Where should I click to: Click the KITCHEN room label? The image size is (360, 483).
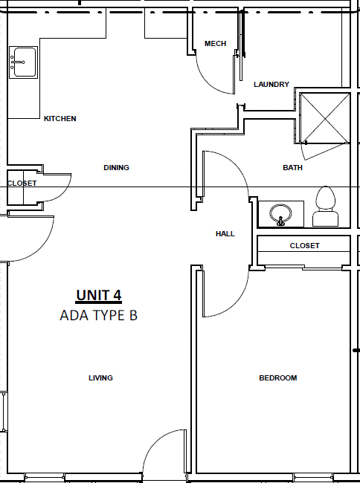[60, 119]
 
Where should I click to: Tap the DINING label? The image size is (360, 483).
[116, 168]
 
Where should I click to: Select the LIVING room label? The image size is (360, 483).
[101, 377]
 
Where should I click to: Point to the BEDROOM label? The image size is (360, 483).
[278, 378]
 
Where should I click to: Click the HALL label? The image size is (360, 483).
[225, 234]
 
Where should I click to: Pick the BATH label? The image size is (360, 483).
[293, 168]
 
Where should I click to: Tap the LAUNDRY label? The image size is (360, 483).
[271, 85]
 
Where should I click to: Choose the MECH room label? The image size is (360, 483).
[216, 44]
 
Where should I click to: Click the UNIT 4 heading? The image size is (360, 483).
[99, 296]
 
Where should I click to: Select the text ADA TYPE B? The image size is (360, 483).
[99, 315]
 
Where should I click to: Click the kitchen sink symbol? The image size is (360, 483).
[23, 62]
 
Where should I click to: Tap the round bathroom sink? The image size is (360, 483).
[280, 214]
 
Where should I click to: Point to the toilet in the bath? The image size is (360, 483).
[326, 207]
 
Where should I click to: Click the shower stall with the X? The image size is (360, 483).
[325, 118]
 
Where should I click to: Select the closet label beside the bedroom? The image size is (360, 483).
[304, 246]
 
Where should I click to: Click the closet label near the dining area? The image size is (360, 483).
[22, 184]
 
